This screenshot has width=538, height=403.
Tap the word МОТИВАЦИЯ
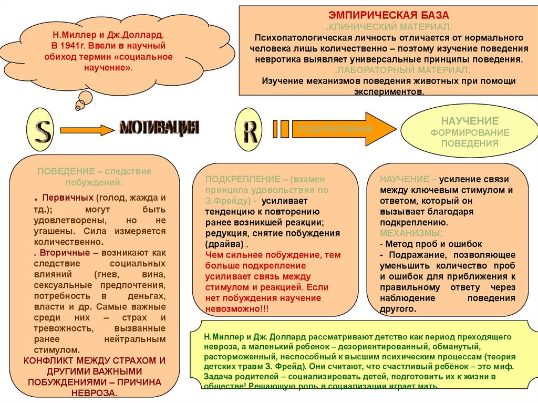[x=159, y=128]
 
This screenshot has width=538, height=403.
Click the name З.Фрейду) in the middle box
[x=226, y=201]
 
